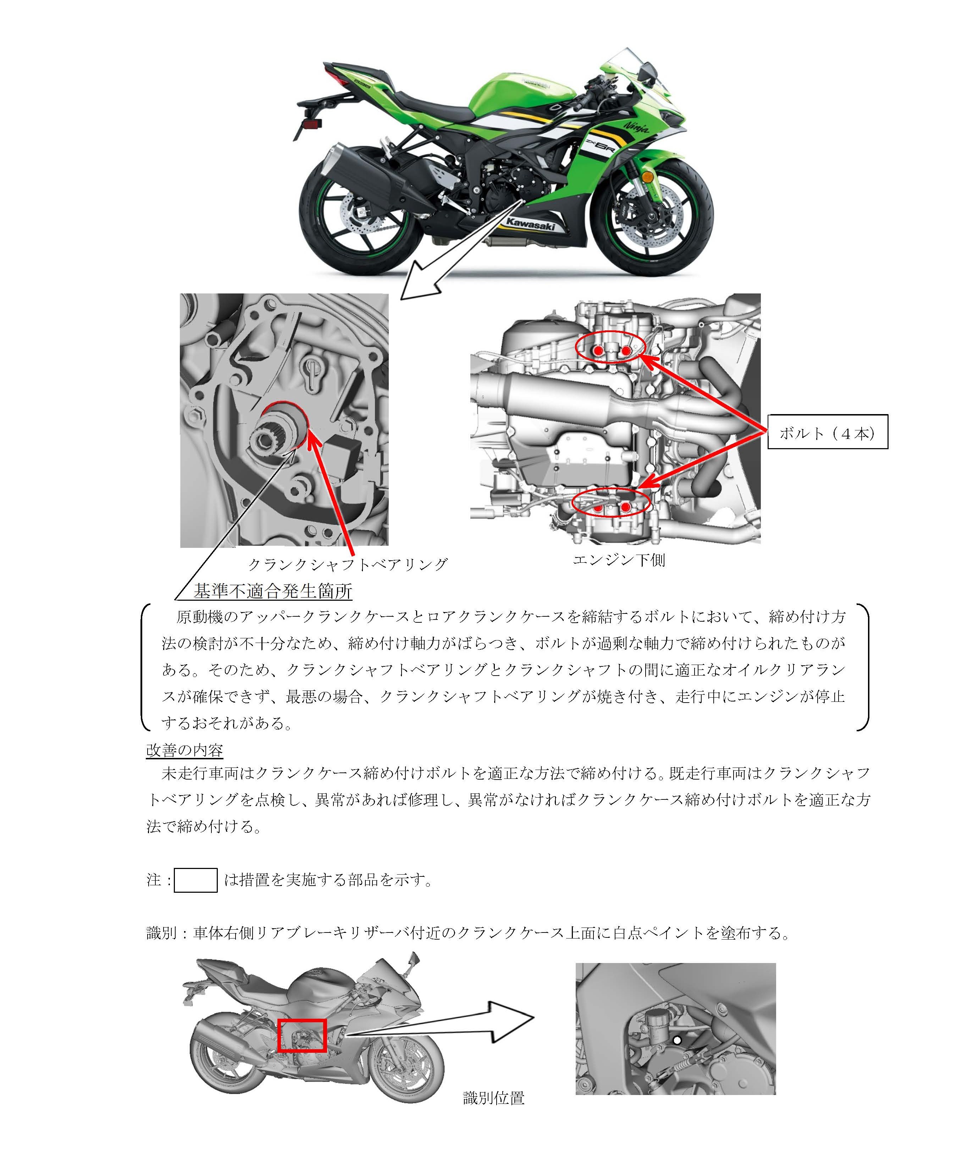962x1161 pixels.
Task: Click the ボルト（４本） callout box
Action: click(827, 432)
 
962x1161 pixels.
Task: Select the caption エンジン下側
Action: click(619, 560)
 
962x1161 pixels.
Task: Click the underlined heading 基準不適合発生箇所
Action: click(273, 591)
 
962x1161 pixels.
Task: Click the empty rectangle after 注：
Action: click(195, 880)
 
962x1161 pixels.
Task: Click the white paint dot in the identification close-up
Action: click(677, 1040)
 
